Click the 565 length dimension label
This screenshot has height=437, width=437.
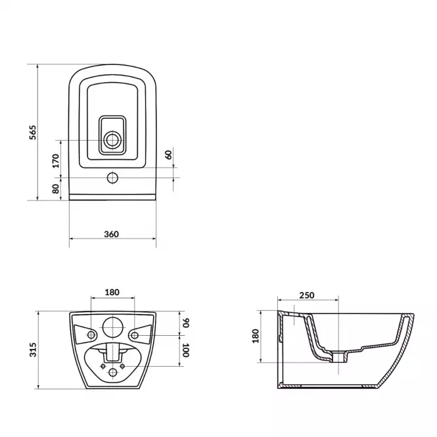[33, 132]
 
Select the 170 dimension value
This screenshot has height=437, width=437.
[56, 161]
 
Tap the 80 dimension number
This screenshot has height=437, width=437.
[56, 189]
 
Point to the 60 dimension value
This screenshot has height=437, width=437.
[169, 154]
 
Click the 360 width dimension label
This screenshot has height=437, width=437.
[112, 234]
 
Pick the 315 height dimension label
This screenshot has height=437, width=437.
[33, 350]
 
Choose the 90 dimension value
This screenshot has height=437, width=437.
[186, 323]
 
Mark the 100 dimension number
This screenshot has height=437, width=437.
[186, 350]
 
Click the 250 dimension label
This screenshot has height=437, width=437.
[307, 295]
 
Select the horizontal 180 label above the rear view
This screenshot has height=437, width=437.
[112, 292]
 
